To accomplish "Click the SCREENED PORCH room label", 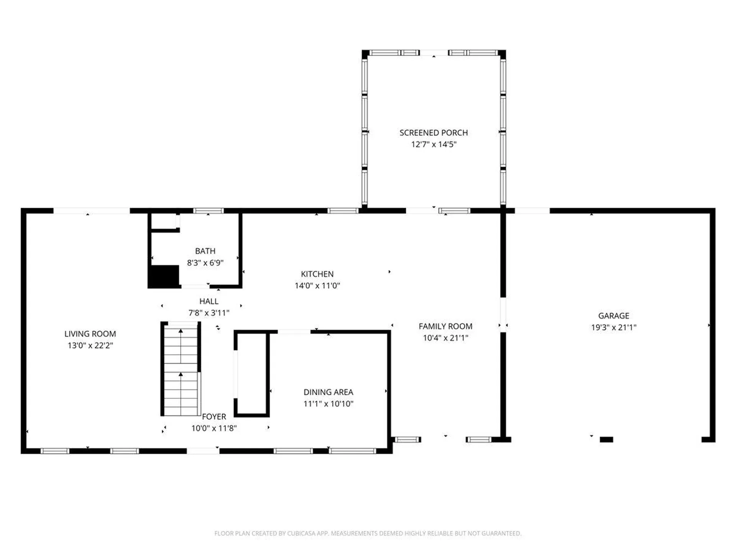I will click(x=434, y=133).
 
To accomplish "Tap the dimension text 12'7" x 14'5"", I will click(x=434, y=145).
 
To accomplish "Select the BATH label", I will click(x=205, y=251).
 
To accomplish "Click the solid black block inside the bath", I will click(x=164, y=276).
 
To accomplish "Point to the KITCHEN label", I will click(x=317, y=274).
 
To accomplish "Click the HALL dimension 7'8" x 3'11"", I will click(x=209, y=313).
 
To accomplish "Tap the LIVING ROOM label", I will click(x=90, y=334).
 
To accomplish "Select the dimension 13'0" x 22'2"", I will click(x=90, y=345).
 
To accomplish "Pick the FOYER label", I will click(x=214, y=417).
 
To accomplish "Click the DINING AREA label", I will click(x=328, y=392).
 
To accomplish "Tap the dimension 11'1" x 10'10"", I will click(x=328, y=404).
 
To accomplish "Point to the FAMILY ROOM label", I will click(x=445, y=326).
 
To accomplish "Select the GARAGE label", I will click(x=613, y=316).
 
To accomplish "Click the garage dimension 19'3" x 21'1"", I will click(x=613, y=327).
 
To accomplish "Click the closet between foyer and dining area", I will click(x=251, y=374).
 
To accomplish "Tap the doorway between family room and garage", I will click(x=503, y=315).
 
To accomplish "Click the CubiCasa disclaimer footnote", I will click(x=368, y=533).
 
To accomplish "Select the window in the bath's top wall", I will click(x=208, y=211).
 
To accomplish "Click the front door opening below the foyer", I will click(x=203, y=451).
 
